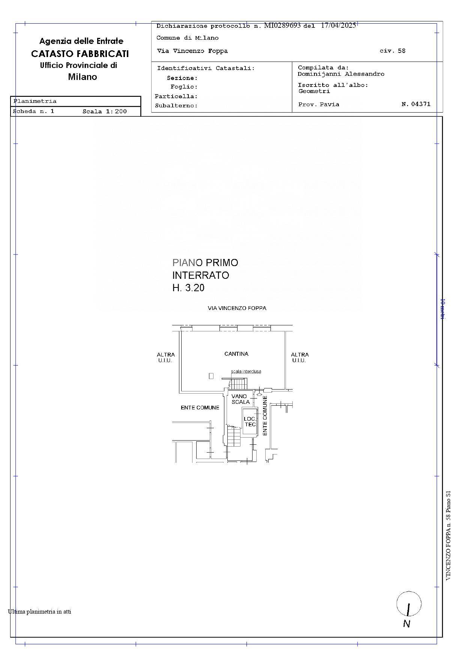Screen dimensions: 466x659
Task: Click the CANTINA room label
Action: coord(236,354)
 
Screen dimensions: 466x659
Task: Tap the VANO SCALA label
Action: coord(240,399)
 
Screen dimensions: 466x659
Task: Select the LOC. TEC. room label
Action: coord(250,422)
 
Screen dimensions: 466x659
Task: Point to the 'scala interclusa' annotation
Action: coord(246,372)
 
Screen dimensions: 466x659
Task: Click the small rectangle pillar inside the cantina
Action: coord(211,376)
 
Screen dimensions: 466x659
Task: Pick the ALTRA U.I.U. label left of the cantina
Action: coord(165,358)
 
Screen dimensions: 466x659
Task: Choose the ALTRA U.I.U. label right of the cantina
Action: coord(299,358)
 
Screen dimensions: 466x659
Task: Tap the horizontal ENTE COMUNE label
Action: coord(200,408)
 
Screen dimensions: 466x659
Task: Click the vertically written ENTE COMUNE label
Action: coord(265,415)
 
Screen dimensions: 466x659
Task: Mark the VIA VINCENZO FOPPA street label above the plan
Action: coord(237,308)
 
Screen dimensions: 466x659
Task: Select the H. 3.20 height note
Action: coord(188,288)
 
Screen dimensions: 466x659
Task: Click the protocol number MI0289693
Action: coord(282,26)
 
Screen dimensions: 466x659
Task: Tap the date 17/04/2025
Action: coord(338,26)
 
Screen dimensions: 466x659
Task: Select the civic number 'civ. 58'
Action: coord(392,51)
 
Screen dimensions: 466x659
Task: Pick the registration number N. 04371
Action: coord(416,104)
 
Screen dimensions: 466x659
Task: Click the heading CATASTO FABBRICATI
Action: coord(80,54)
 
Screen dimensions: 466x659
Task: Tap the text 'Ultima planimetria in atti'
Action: coord(39,612)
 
